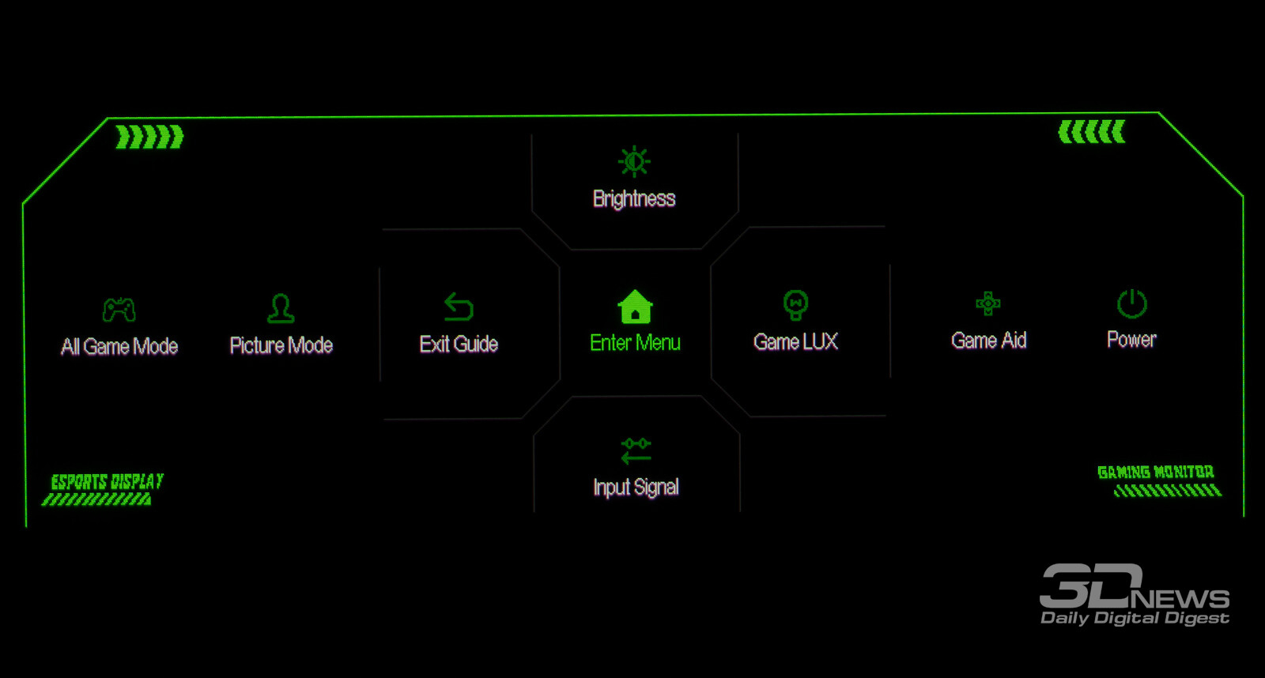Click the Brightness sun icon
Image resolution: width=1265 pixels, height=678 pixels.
634,161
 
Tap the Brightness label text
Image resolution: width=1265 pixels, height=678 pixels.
634,198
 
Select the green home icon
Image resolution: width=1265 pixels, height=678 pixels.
635,307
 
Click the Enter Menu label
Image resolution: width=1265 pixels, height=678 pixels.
635,343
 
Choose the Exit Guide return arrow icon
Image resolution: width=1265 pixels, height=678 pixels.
459,307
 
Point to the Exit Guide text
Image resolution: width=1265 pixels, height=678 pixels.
459,345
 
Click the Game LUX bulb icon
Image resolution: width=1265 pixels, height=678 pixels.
795,304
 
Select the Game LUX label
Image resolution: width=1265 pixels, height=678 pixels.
795,342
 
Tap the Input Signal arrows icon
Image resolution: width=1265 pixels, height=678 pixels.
636,450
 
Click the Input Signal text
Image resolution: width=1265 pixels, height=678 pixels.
636,488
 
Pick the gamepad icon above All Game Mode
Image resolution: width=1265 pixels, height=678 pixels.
119,309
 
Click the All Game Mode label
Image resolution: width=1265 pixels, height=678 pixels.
119,347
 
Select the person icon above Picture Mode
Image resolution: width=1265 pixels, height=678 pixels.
281,308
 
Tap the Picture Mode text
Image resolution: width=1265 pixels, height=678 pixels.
281,345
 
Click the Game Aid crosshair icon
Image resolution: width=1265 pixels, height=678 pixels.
987,303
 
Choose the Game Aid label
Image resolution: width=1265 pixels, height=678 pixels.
988,341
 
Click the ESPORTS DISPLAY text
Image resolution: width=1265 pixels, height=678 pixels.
107,481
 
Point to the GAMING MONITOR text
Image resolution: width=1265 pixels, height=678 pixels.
1155,473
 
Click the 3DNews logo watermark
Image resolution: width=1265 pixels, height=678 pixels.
1134,595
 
